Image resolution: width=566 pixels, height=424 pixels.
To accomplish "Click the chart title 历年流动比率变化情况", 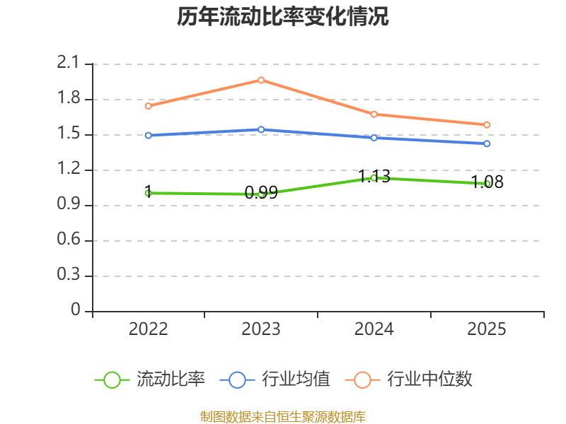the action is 282,16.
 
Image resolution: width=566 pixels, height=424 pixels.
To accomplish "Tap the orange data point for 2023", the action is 261,80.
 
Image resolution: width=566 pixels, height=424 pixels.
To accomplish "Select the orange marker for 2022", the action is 148,106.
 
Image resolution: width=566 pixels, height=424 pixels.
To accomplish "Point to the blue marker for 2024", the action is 374,138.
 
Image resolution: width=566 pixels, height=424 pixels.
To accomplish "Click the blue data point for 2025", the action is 487,143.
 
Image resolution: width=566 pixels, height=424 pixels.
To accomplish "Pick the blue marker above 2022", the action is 148,135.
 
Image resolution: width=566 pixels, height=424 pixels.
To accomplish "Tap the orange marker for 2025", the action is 487,125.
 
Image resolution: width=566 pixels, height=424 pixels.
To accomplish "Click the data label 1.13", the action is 374,176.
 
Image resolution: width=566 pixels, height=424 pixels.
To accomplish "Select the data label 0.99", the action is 261,192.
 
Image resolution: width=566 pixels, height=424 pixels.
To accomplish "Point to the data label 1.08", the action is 487,182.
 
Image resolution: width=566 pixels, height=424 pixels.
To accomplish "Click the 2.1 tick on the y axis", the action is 68,62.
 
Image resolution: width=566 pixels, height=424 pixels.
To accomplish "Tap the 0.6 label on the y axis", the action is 69,239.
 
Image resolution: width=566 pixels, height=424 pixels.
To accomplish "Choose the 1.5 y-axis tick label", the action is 69,133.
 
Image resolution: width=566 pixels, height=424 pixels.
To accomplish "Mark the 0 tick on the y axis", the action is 76,310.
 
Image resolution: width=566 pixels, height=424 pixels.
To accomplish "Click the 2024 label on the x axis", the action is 374,329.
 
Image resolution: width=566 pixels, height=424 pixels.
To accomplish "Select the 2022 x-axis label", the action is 148,329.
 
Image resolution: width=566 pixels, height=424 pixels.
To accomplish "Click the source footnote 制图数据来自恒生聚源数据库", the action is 282,417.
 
